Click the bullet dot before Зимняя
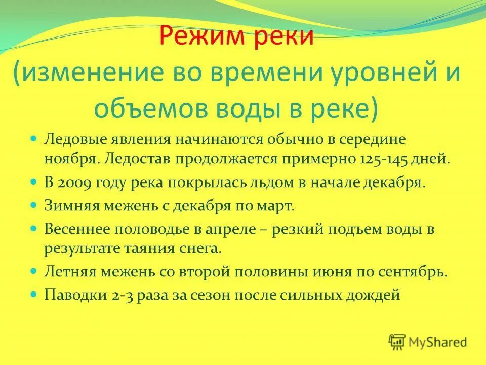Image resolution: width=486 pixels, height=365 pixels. coord(34,206)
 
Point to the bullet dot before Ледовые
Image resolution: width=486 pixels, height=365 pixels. coord(34,138)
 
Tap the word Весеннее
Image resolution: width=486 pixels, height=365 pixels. coord(78,230)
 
